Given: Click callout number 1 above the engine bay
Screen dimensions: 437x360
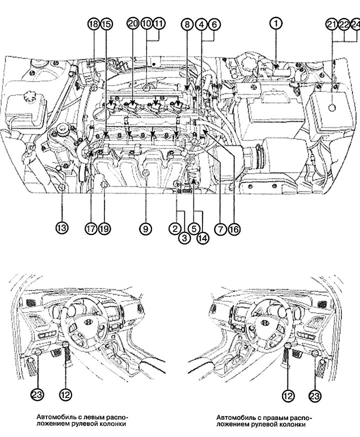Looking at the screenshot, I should (276, 23).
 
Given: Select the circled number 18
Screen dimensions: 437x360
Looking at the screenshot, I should (93, 24).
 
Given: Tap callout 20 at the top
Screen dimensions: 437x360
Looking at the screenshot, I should (132, 24).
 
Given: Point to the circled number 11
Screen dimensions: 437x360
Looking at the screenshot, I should (158, 24).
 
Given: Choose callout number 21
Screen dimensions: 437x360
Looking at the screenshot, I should (330, 24).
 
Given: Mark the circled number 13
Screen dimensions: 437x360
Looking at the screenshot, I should (61, 228).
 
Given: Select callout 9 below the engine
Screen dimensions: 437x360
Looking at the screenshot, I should (144, 228).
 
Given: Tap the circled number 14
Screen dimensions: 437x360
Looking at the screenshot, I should (202, 238).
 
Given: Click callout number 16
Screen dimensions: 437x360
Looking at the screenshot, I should (233, 228).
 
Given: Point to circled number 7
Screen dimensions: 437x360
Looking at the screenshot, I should (219, 228).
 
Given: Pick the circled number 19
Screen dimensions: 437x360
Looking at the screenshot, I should (103, 228).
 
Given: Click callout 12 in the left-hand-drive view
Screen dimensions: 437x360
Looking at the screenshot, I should (66, 393).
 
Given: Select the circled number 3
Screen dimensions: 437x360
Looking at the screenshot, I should (184, 238).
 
